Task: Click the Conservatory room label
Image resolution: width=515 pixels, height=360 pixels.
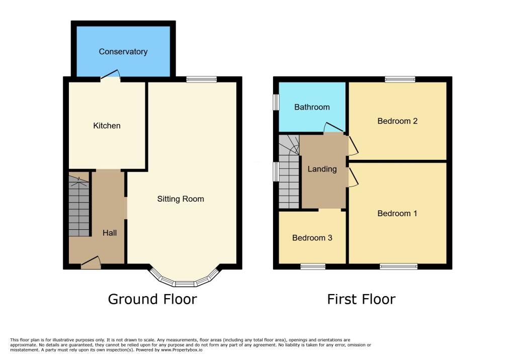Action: pyautogui.click(x=123, y=52)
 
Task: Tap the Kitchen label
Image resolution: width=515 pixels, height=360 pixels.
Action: pyautogui.click(x=107, y=126)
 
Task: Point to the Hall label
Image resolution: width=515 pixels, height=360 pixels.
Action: pyautogui.click(x=110, y=233)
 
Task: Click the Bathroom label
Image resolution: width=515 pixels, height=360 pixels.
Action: pyautogui.click(x=312, y=107)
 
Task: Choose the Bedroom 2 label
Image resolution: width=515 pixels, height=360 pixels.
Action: pyautogui.click(x=397, y=121)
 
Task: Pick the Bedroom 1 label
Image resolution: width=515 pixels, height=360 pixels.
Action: pyautogui.click(x=397, y=214)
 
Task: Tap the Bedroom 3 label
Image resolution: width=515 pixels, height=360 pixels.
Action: pyautogui.click(x=312, y=238)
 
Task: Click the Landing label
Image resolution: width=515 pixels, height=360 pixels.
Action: pyautogui.click(x=322, y=169)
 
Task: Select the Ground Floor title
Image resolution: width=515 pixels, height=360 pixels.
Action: pyautogui.click(x=152, y=300)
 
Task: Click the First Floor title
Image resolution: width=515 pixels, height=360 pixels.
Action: pyautogui.click(x=361, y=300)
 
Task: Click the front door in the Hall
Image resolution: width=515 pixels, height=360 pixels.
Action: pyautogui.click(x=91, y=262)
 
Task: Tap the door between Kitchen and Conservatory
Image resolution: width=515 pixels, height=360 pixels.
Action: pyautogui.click(x=110, y=75)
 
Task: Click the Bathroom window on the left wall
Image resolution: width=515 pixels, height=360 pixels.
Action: pyautogui.click(x=276, y=102)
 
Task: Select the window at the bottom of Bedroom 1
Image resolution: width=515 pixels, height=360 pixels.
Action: pyautogui.click(x=398, y=266)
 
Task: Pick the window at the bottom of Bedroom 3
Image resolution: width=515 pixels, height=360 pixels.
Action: pyautogui.click(x=313, y=266)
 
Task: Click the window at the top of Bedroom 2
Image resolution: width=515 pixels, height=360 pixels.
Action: pyautogui.click(x=400, y=79)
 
